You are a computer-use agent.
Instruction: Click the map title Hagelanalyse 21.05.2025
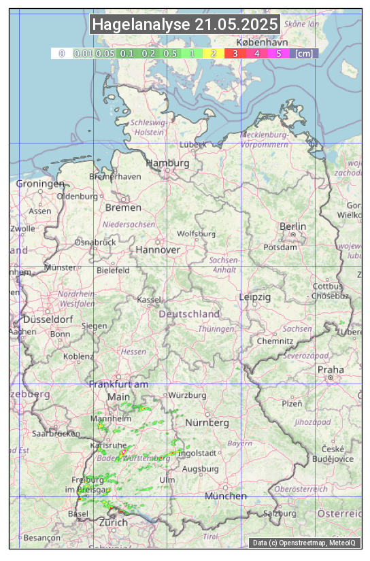[x=185, y=24]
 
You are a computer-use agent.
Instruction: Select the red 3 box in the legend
[x=235, y=53]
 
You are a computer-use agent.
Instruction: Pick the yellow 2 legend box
[x=214, y=53]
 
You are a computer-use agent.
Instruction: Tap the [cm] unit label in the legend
[x=304, y=53]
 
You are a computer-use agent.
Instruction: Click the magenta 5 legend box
[x=279, y=53]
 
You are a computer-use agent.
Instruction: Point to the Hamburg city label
[x=167, y=163]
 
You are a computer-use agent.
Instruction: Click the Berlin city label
[x=293, y=226]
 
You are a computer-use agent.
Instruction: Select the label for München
[x=226, y=496]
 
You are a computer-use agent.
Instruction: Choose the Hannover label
[x=158, y=250]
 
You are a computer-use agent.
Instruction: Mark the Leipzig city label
[x=255, y=297]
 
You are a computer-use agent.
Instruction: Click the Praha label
[x=331, y=370]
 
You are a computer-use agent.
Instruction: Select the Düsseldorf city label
[x=48, y=320]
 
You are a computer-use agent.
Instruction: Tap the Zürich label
[x=113, y=523]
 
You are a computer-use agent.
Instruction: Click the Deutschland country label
[x=189, y=314]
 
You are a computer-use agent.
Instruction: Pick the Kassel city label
[x=148, y=300]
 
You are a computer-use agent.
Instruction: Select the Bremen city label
[x=123, y=207]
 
